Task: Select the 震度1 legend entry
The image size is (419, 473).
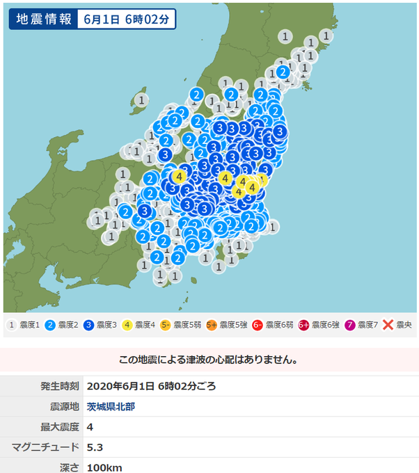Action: point(25,325)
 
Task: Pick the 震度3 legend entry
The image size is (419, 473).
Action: point(102,325)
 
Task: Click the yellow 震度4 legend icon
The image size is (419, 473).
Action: point(127,325)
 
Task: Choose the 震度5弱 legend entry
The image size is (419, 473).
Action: point(182,325)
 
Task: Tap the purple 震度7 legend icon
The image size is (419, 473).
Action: point(349,325)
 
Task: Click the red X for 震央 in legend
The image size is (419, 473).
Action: point(388,325)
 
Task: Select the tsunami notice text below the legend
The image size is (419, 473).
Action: point(209,360)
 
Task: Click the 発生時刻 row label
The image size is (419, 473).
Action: point(59,386)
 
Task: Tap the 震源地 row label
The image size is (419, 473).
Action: point(64,406)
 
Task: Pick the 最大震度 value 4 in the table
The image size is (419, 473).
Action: point(90,426)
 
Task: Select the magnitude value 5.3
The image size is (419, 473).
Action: point(95,447)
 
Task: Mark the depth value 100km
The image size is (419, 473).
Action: point(104,467)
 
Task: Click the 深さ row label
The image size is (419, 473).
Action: point(70,467)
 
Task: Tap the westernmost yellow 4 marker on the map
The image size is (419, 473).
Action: point(180,177)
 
